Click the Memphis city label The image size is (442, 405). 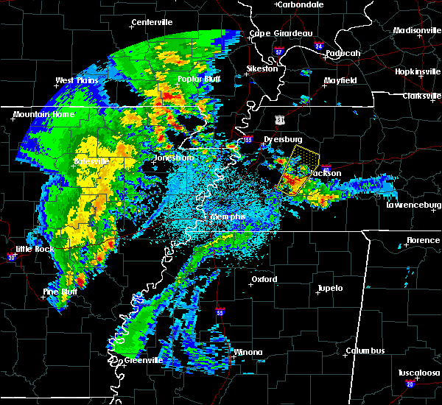[227, 216]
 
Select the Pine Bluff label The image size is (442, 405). [60, 292]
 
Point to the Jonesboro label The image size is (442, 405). [173, 158]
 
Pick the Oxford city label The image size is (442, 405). [264, 279]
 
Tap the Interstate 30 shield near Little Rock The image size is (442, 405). [11, 257]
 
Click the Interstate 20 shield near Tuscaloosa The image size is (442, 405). [409, 384]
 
